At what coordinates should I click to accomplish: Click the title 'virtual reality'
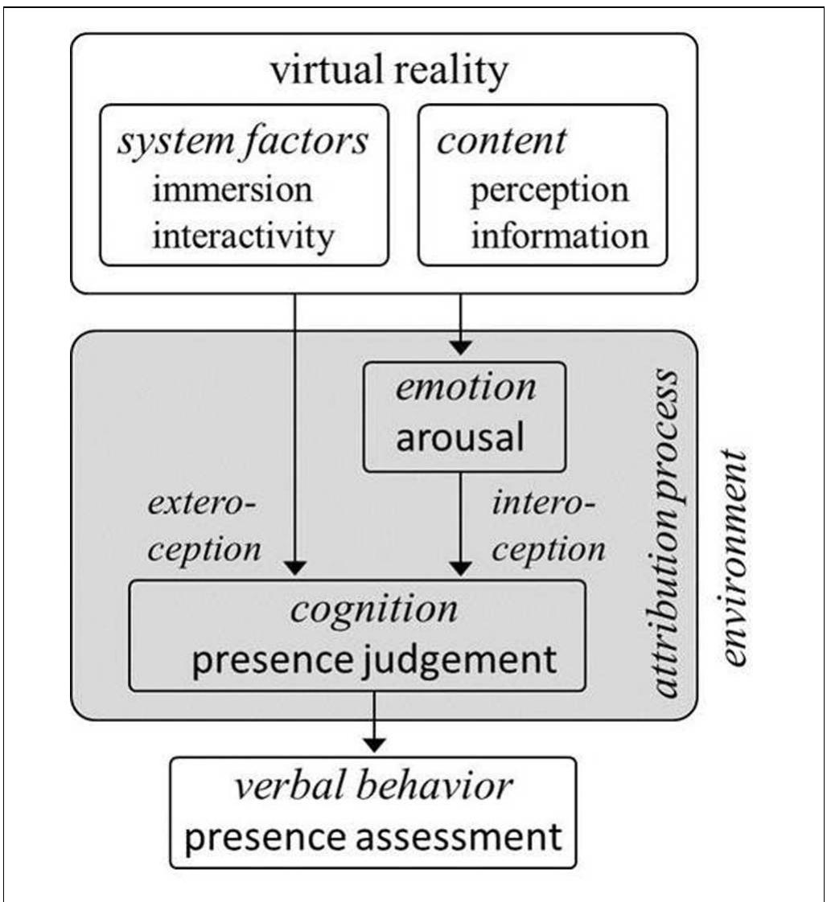(x=389, y=71)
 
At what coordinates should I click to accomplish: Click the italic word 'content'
(x=501, y=141)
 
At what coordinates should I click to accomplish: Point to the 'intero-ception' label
(x=548, y=527)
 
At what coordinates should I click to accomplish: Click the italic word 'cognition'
(x=374, y=609)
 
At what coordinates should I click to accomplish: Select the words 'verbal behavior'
(x=372, y=785)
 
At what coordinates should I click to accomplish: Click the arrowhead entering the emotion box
(x=460, y=347)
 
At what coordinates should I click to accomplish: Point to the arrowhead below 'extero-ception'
(x=296, y=568)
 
